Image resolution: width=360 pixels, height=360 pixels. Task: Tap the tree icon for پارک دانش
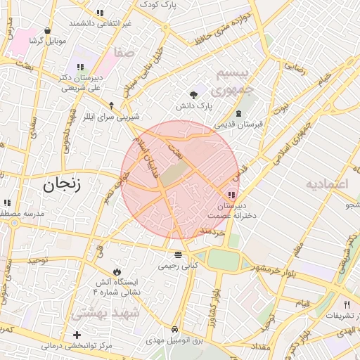point(194,96)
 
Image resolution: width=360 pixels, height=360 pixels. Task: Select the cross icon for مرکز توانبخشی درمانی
point(77,335)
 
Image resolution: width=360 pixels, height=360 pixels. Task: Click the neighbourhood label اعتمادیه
point(327,184)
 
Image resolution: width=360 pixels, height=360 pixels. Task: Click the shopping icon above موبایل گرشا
point(47,31)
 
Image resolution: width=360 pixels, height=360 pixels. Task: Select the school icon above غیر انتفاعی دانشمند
point(100,13)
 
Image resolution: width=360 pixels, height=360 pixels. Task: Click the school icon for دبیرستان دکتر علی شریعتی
point(79,67)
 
